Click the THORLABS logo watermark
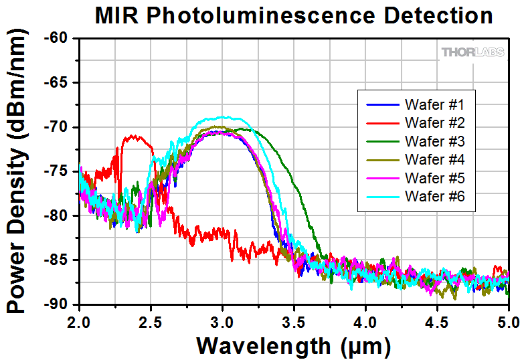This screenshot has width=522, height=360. [472, 52]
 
